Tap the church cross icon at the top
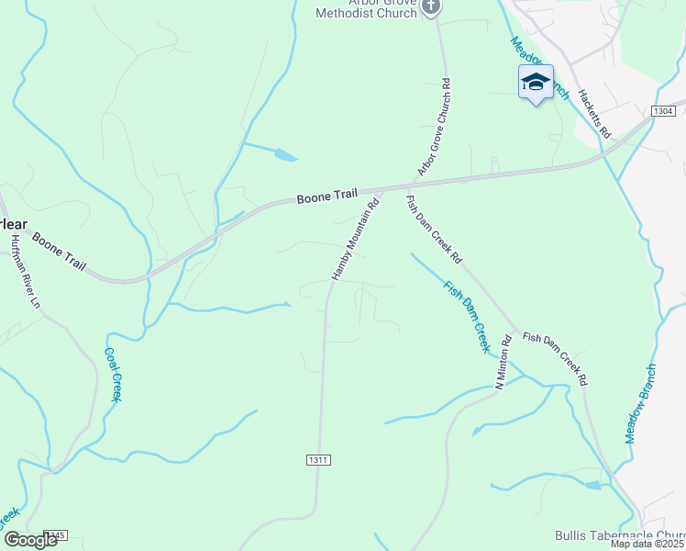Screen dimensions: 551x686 (432, 7)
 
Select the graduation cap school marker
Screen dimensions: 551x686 (536, 83)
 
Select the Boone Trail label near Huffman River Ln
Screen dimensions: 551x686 (60, 250)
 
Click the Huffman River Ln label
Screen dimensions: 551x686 (25, 271)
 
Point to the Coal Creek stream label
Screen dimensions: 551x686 (113, 374)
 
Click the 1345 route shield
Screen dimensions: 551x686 (55, 535)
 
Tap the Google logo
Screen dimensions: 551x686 (29, 539)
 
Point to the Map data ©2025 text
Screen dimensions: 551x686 (647, 544)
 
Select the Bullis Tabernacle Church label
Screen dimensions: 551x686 (620, 535)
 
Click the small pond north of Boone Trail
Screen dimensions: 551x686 (284, 156)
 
